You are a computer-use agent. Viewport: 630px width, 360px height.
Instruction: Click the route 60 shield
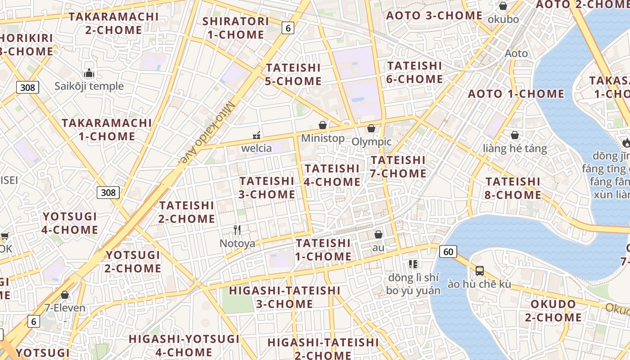click(x=448, y=252)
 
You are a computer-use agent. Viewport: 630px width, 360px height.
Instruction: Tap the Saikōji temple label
click(x=89, y=86)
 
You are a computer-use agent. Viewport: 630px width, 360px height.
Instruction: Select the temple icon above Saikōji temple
click(x=89, y=73)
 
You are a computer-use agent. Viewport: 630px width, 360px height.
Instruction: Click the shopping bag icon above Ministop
click(x=323, y=125)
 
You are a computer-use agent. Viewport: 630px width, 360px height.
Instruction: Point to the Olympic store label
click(x=371, y=142)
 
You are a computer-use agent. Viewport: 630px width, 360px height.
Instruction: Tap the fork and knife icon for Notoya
click(x=237, y=230)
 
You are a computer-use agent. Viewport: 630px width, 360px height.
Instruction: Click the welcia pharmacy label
click(x=256, y=148)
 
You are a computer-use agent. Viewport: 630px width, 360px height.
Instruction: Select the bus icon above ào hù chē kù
click(x=480, y=271)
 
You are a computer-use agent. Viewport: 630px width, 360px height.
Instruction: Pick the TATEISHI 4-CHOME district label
click(x=333, y=175)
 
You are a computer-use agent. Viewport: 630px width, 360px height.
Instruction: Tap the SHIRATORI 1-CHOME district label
click(x=235, y=28)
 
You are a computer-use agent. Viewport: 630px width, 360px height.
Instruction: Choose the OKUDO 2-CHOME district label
click(x=553, y=310)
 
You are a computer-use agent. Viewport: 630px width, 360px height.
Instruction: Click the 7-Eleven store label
click(x=65, y=308)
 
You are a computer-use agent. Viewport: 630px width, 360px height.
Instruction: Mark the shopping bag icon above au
click(x=378, y=234)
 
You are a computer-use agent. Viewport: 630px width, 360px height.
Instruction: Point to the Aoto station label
click(x=516, y=53)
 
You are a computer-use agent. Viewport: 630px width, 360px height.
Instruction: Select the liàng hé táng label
click(x=515, y=148)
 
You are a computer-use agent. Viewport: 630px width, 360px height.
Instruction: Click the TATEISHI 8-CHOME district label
click(x=513, y=188)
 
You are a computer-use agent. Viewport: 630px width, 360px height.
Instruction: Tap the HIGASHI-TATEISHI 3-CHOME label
click(x=284, y=297)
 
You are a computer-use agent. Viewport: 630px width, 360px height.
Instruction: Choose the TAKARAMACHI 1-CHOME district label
click(x=107, y=130)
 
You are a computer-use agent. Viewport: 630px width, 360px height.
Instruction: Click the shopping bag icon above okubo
click(x=503, y=6)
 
